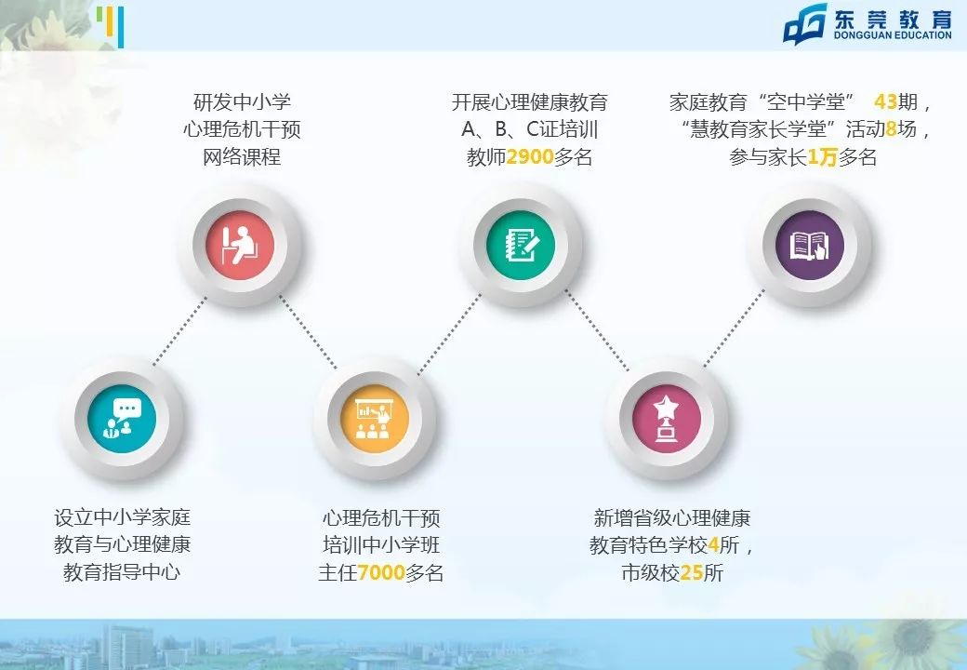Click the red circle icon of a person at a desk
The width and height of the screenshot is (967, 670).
[241, 245]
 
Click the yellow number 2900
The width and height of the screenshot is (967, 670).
[530, 157]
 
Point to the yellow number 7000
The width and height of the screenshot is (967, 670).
[381, 572]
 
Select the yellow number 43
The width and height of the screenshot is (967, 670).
[885, 101]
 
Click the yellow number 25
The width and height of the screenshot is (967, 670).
[691, 572]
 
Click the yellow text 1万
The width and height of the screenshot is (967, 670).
[822, 157]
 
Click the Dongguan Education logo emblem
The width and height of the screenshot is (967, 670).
[804, 24]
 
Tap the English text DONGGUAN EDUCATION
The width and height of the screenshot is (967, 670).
[891, 36]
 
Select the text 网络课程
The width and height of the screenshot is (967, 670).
[242, 157]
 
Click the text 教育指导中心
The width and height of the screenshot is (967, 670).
[122, 572]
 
